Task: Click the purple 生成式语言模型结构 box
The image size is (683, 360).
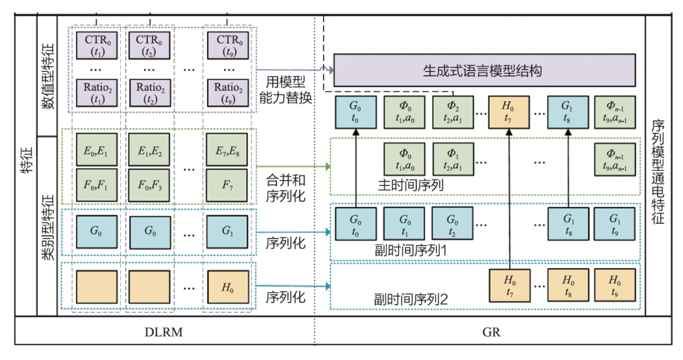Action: click(483, 70)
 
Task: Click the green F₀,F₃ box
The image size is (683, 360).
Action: click(150, 186)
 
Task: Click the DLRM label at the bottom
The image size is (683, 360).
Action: click(164, 331)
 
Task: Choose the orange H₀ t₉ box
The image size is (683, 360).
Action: click(613, 285)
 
